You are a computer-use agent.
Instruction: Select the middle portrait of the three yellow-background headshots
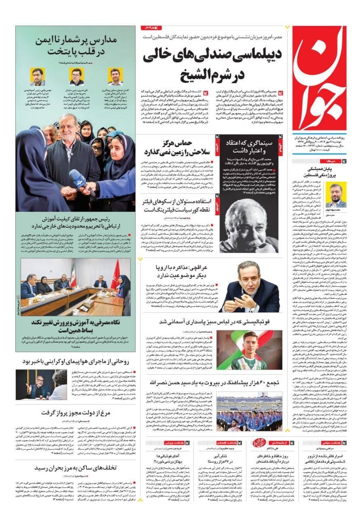click(x=76, y=76)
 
